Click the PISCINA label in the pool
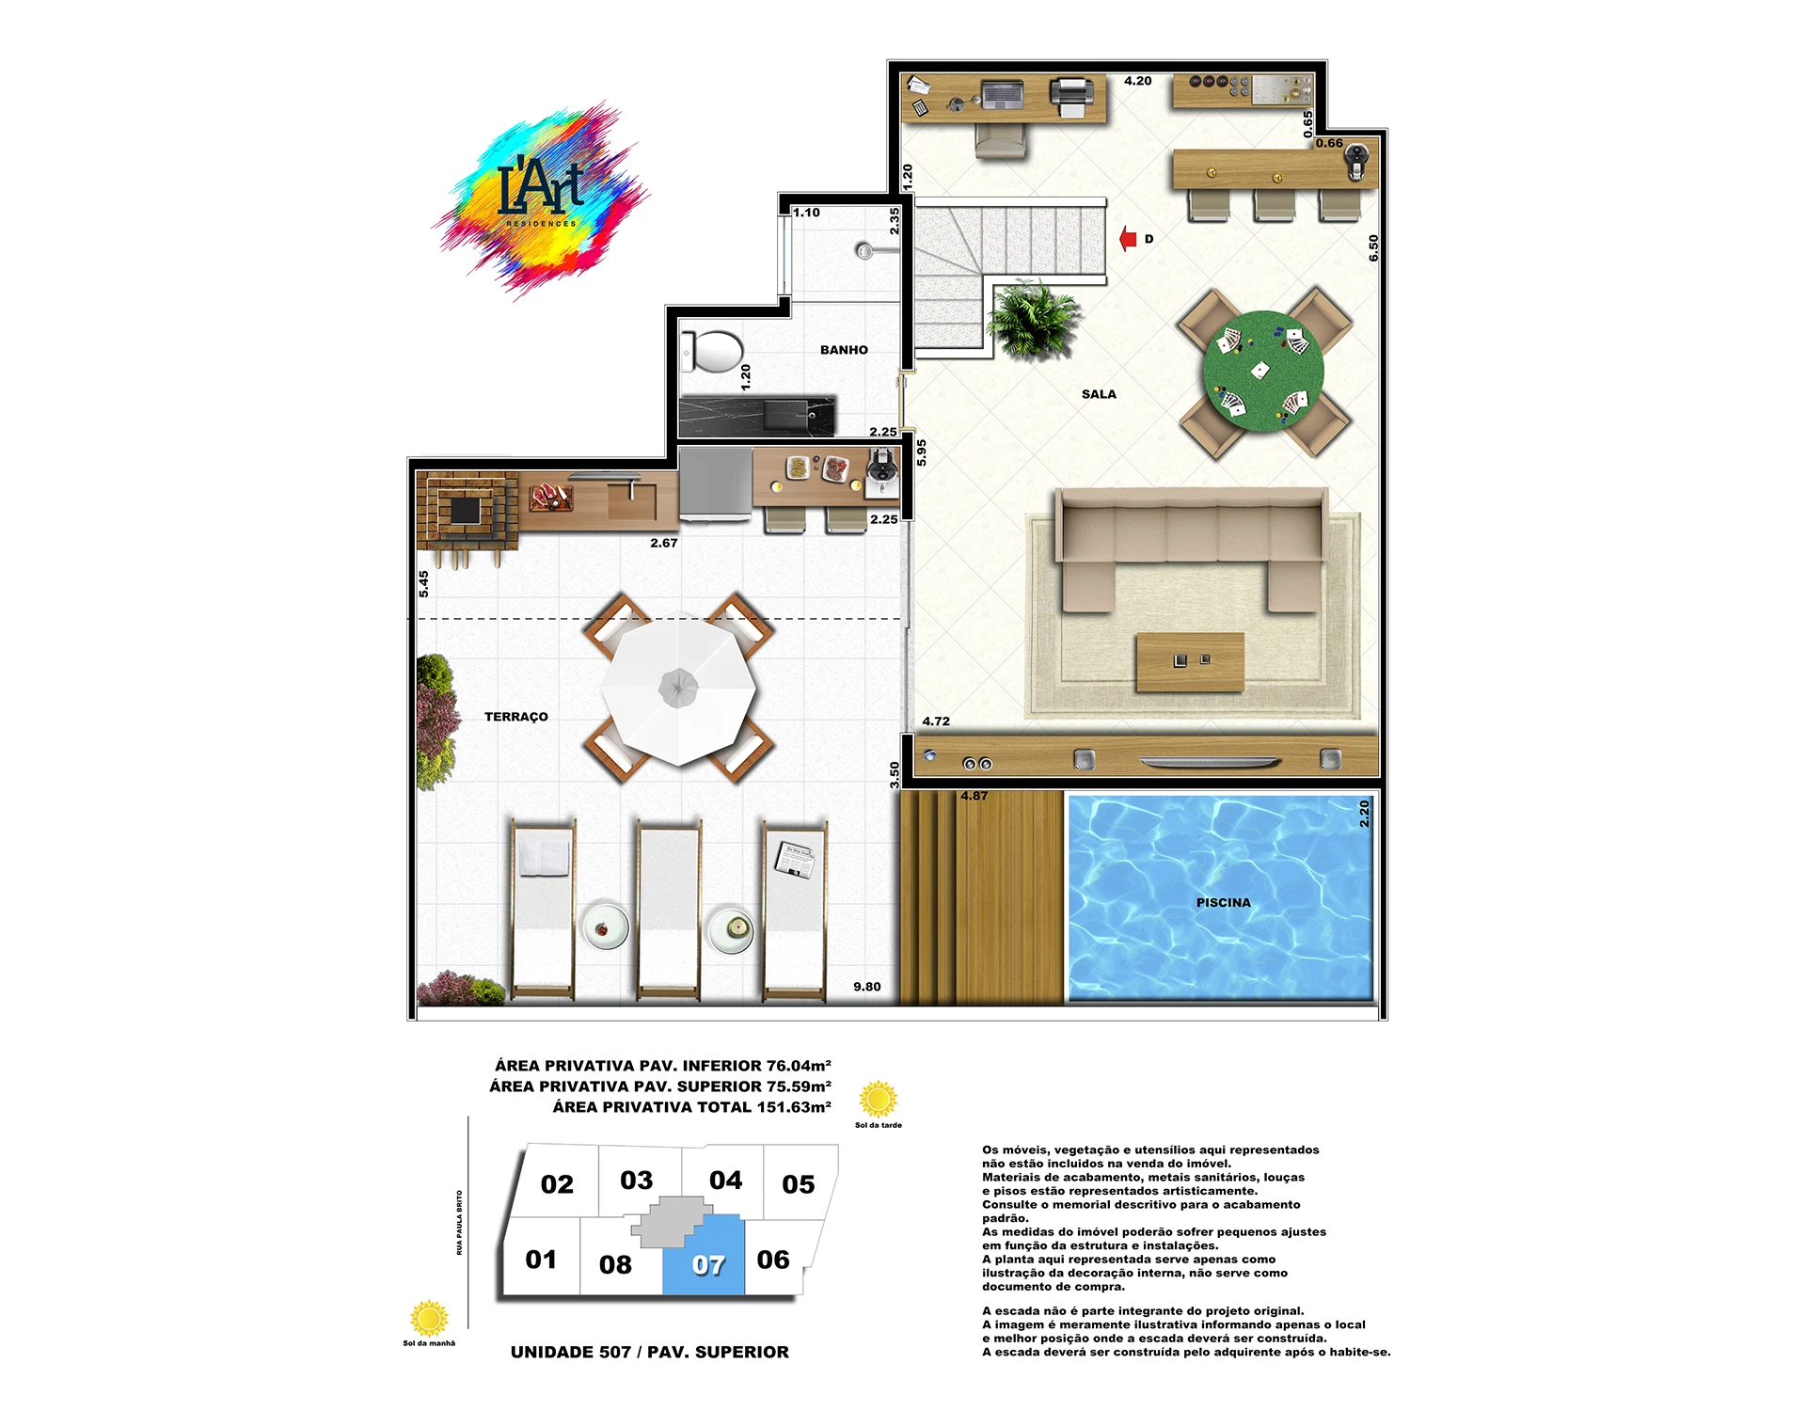click(x=1223, y=903)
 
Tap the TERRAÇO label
click(x=515, y=717)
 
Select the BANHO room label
click(x=844, y=350)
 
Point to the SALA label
click(x=1099, y=394)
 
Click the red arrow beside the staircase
click(x=1128, y=239)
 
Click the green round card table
click(x=1263, y=372)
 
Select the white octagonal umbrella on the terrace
click(x=678, y=689)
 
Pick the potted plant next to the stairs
click(x=1033, y=320)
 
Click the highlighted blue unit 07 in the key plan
click(x=705, y=1257)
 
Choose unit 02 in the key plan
click(x=557, y=1184)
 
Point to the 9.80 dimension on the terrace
click(x=867, y=987)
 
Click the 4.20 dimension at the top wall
click(x=1137, y=81)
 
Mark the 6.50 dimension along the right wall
click(x=1373, y=248)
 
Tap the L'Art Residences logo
click(x=541, y=200)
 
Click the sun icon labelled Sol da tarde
click(x=879, y=1099)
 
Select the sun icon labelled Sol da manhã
click(x=429, y=1319)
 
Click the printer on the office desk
click(x=1070, y=97)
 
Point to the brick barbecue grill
click(x=467, y=511)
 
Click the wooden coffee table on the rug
click(x=1190, y=662)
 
